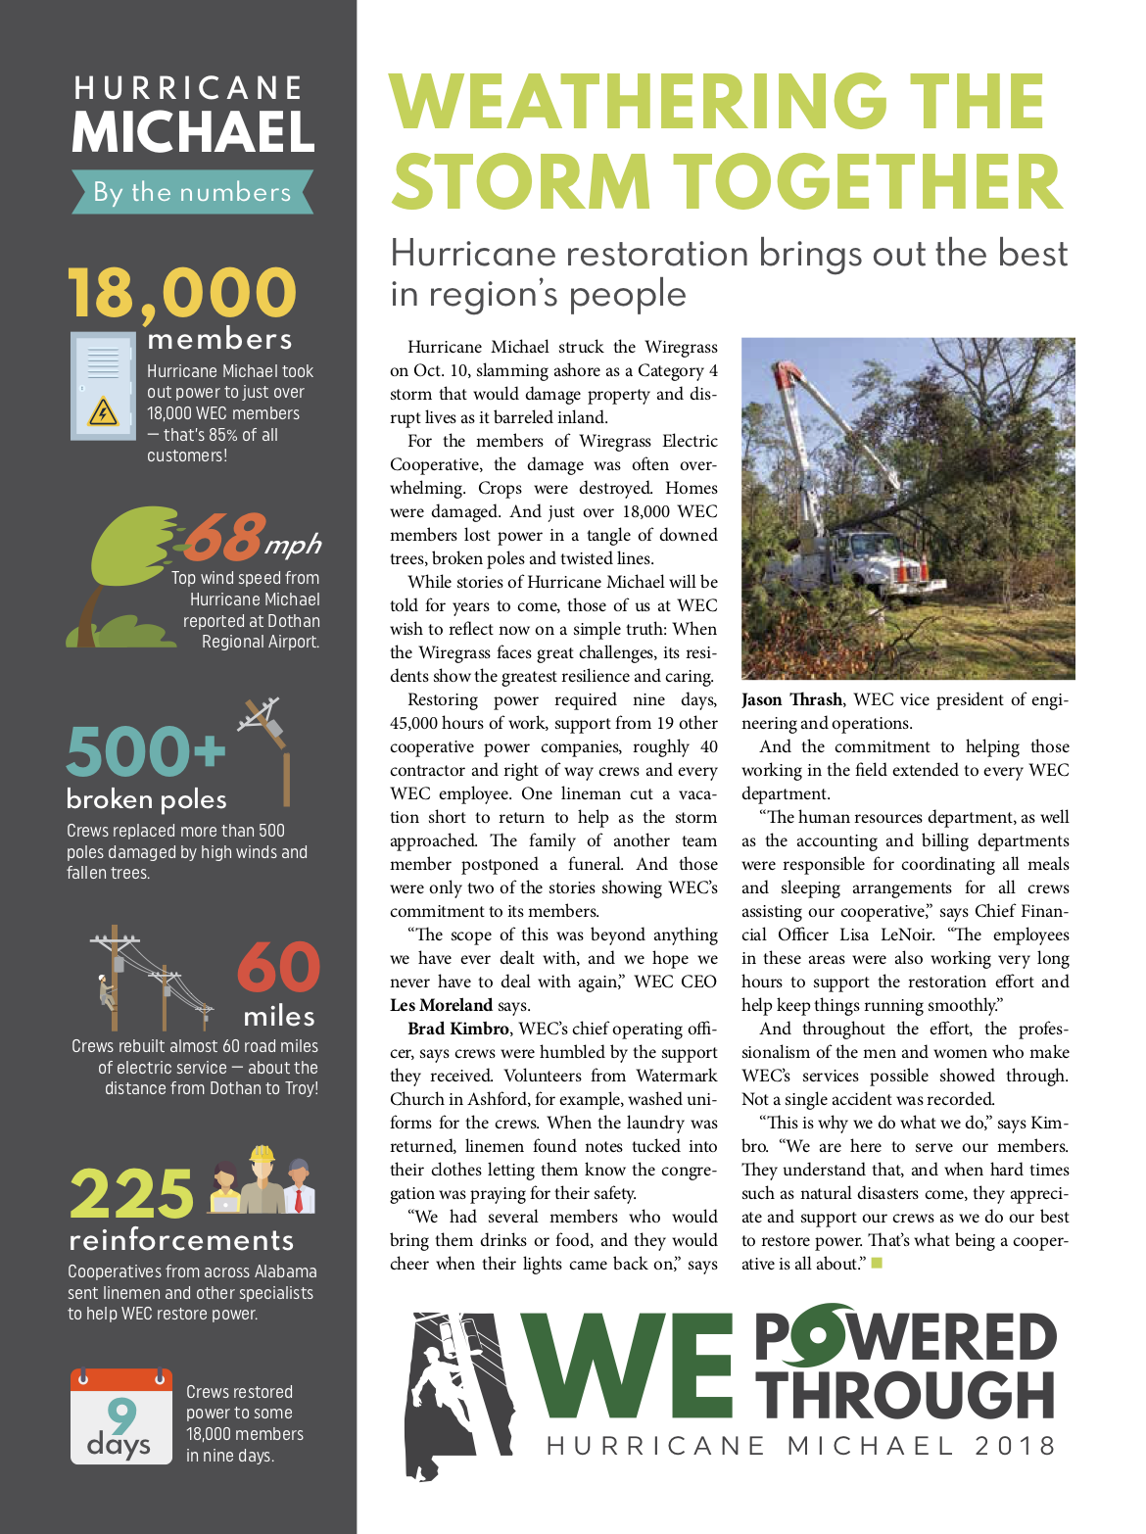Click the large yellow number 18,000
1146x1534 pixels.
pyautogui.click(x=181, y=293)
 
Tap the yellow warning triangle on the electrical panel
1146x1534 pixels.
pyautogui.click(x=103, y=411)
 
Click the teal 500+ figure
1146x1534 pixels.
pyautogui.click(x=146, y=751)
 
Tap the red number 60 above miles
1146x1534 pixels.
pyautogui.click(x=278, y=968)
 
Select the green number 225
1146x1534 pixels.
pyautogui.click(x=132, y=1194)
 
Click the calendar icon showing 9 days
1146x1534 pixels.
pyautogui.click(x=120, y=1416)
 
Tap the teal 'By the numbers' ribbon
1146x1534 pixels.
pyautogui.click(x=192, y=192)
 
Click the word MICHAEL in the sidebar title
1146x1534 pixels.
pyautogui.click(x=193, y=132)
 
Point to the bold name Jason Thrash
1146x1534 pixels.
pyautogui.click(x=791, y=699)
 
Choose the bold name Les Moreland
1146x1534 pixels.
pyautogui.click(x=441, y=1005)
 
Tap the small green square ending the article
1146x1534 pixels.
pyautogui.click(x=877, y=1263)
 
